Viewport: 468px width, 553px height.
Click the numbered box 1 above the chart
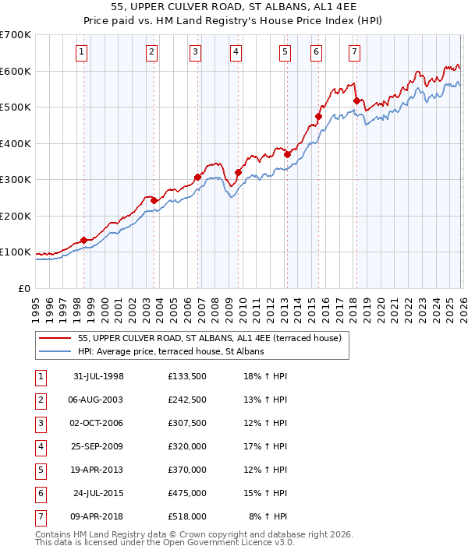[x=82, y=52]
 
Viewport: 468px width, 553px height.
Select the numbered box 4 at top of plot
[x=235, y=52]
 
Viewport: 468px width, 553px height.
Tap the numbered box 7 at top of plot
[x=354, y=52]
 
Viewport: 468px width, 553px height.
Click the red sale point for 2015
[x=318, y=117]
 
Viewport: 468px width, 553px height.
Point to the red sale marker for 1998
[x=83, y=240]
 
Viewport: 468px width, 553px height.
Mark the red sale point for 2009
[x=238, y=173]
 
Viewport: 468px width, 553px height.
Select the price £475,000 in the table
[x=186, y=493]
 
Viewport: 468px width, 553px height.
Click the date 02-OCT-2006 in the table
[x=97, y=423]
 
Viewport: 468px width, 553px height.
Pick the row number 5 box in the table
[x=40, y=470]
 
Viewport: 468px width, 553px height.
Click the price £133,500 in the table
[x=186, y=376]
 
